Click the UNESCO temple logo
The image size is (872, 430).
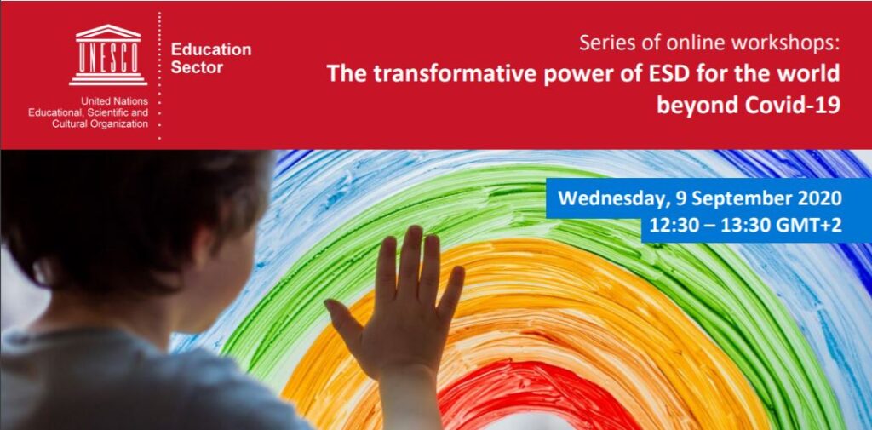(108, 54)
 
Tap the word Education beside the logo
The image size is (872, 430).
(211, 49)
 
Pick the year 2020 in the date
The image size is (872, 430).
(819, 198)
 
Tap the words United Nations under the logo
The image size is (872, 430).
(115, 102)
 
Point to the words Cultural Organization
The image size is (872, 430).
(100, 124)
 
